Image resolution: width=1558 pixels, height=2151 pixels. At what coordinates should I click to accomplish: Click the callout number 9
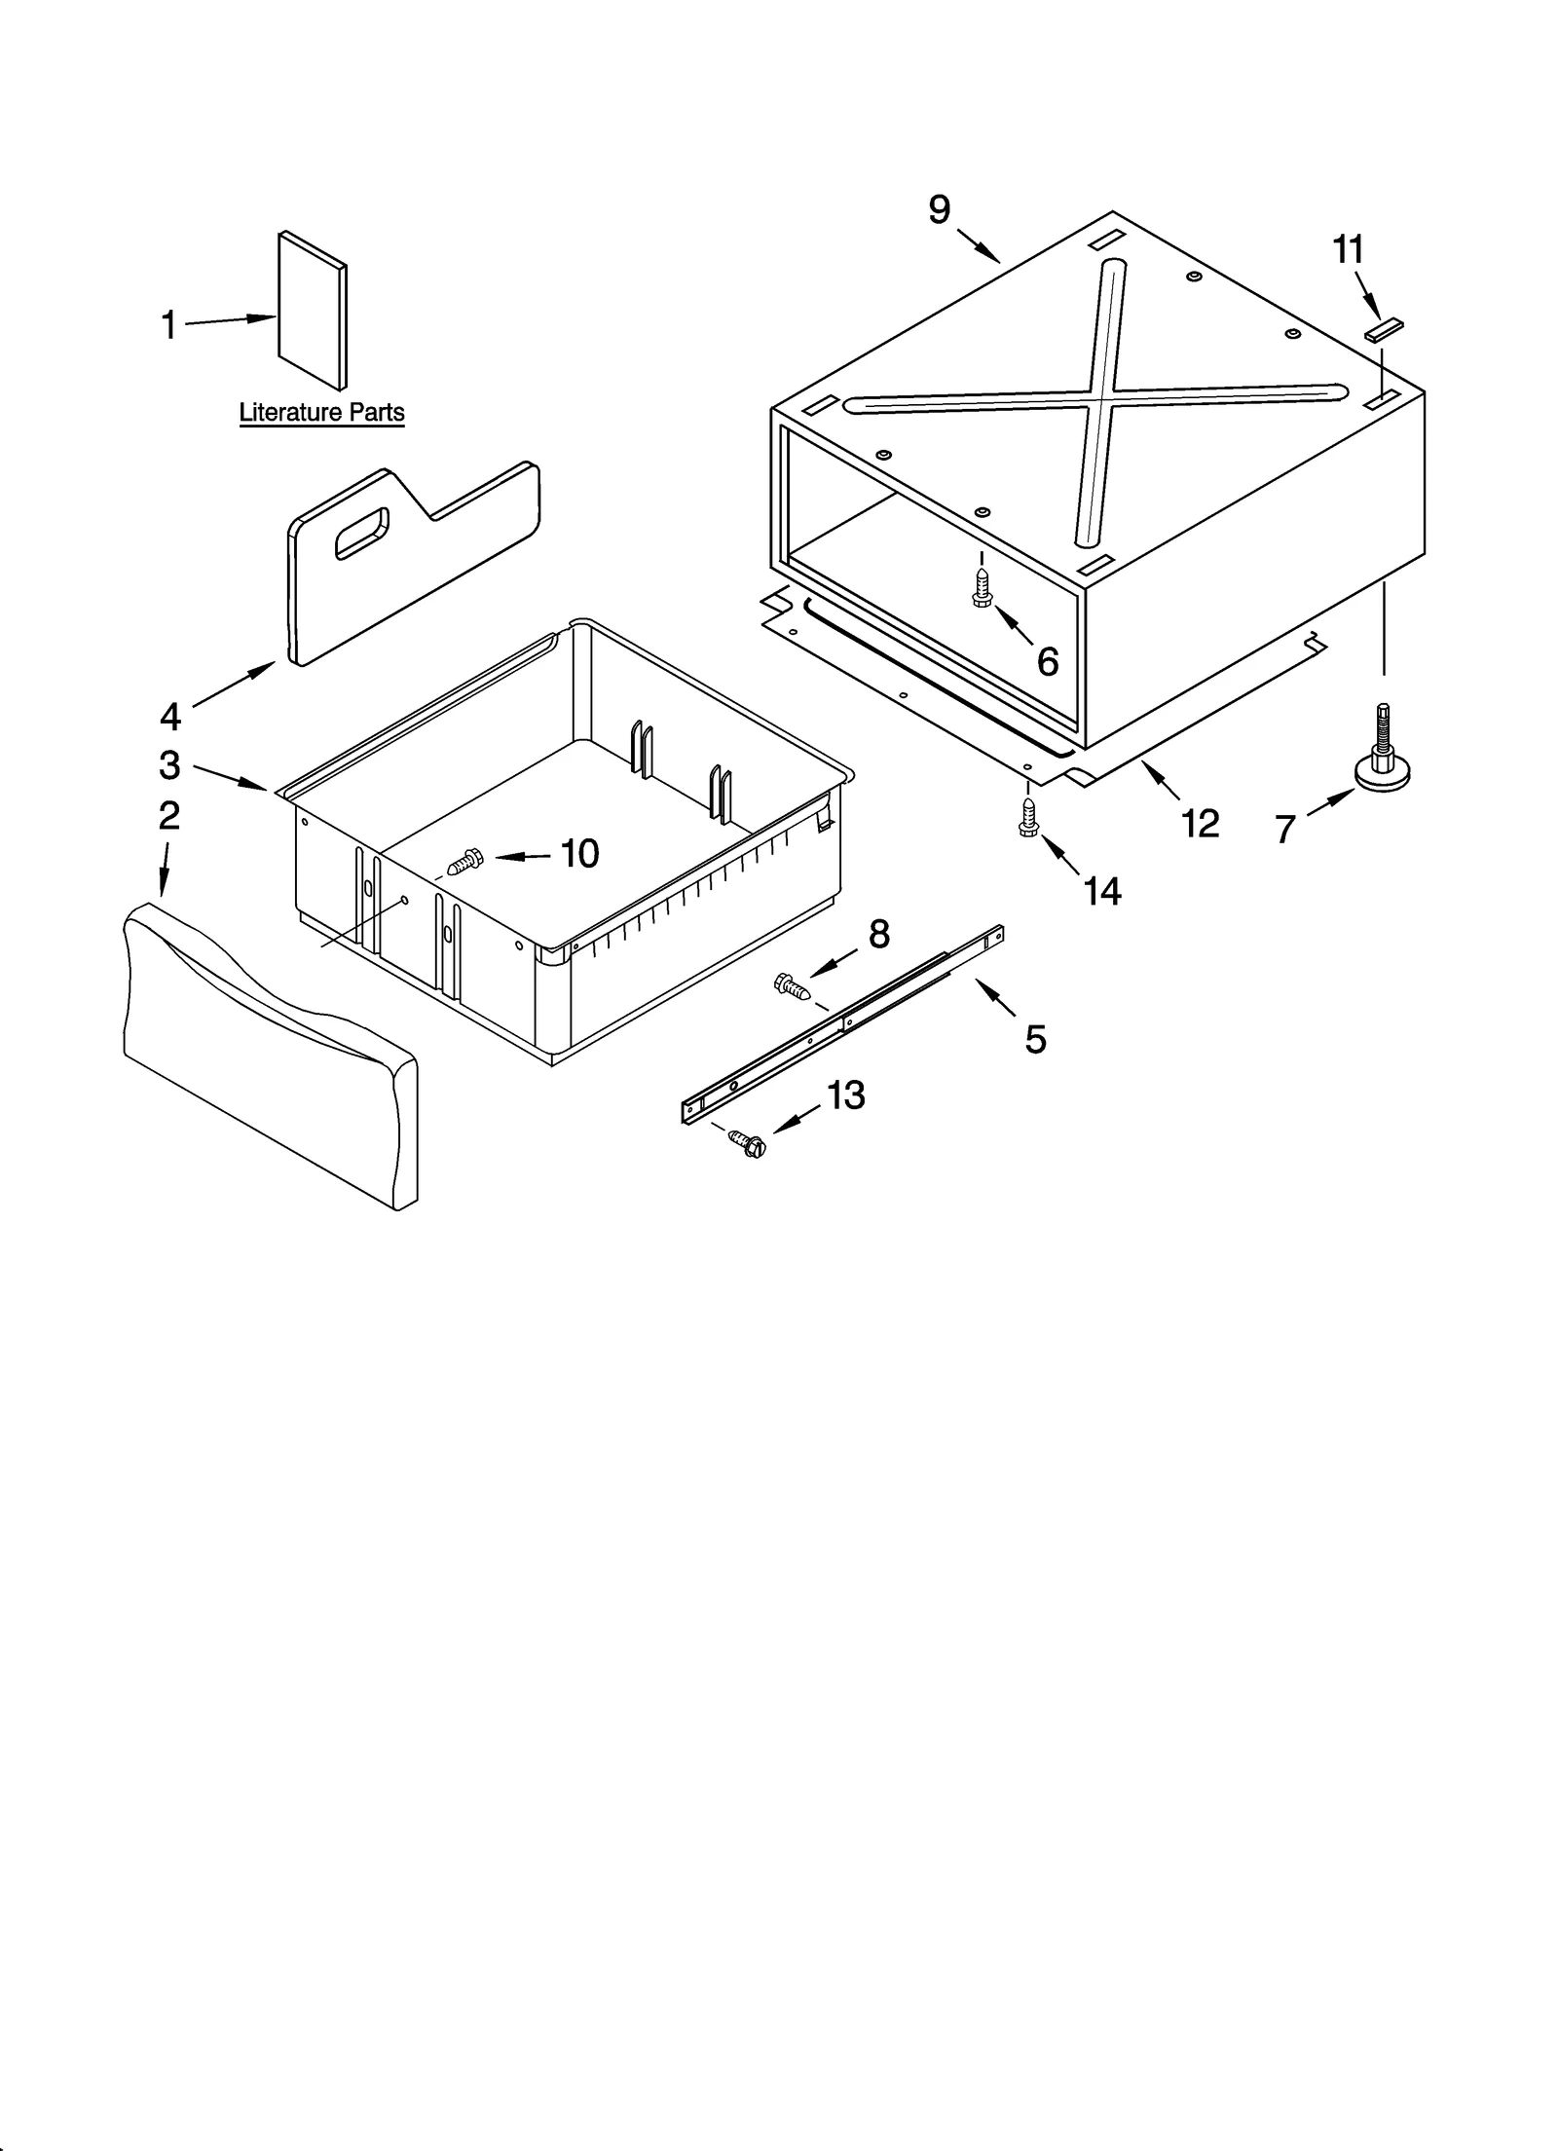(939, 209)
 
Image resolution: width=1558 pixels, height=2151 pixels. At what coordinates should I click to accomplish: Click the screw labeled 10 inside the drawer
(465, 860)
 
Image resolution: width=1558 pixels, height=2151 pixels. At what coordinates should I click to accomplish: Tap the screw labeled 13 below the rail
(747, 1143)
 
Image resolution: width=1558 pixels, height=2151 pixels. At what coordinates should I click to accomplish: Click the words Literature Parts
(321, 413)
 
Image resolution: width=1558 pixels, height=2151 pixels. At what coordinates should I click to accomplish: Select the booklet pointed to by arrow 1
(312, 309)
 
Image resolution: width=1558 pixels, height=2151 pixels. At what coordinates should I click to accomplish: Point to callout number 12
(1200, 824)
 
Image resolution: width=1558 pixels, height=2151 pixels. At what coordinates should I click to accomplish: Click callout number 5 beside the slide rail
(1035, 1040)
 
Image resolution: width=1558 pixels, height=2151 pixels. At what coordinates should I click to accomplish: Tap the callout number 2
(169, 815)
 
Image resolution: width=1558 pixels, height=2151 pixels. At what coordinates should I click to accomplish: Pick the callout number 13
(845, 1095)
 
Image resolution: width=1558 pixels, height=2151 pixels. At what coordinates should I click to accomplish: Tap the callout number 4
(169, 717)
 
